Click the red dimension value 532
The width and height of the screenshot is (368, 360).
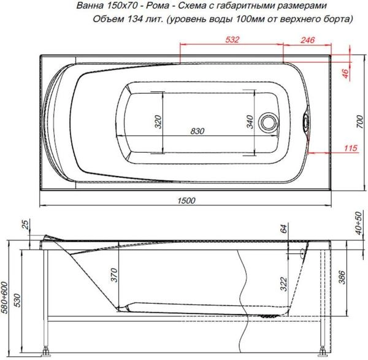pos(231,40)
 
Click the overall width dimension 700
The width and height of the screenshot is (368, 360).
pos(360,123)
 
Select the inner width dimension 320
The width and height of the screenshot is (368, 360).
pos(158,122)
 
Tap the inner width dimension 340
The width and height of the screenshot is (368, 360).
pos(250,122)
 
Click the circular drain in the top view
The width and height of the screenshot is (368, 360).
pos(268,121)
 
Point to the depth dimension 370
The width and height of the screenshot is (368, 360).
pos(113,275)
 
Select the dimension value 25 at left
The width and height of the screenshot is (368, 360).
pos(25,226)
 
